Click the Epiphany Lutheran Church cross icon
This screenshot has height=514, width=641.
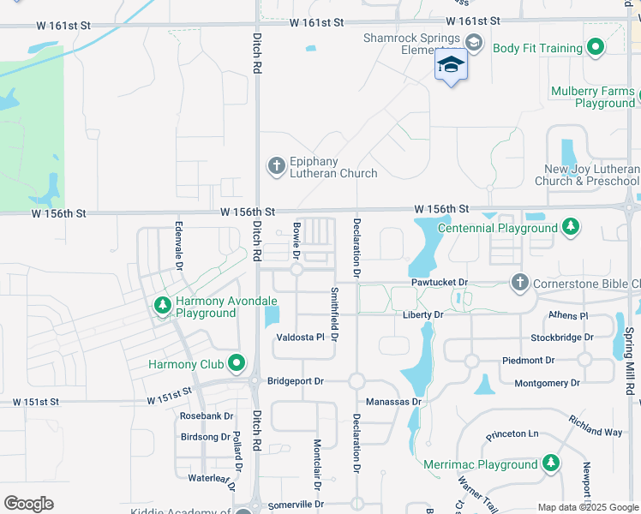click(276, 165)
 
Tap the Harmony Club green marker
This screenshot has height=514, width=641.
click(237, 364)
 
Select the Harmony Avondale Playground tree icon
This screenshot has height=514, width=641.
click(163, 305)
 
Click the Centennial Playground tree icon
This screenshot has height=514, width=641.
click(570, 228)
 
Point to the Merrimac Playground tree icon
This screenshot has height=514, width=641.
click(551, 464)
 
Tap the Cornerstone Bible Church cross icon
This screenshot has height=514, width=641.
click(519, 282)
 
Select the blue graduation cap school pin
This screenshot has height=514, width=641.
click(451, 65)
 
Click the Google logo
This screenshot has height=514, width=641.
click(28, 503)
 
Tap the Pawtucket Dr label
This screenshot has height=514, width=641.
click(439, 282)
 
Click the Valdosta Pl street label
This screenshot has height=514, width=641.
click(300, 338)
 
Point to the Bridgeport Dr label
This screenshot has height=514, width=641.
click(296, 381)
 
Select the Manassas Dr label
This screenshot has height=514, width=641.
click(394, 401)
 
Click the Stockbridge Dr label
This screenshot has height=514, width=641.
click(561, 338)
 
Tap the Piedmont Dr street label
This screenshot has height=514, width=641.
click(528, 361)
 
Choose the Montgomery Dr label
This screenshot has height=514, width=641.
click(543, 383)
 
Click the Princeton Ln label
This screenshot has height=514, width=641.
click(512, 434)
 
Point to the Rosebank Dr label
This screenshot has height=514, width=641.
click(207, 416)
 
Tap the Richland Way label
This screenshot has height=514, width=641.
click(595, 426)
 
